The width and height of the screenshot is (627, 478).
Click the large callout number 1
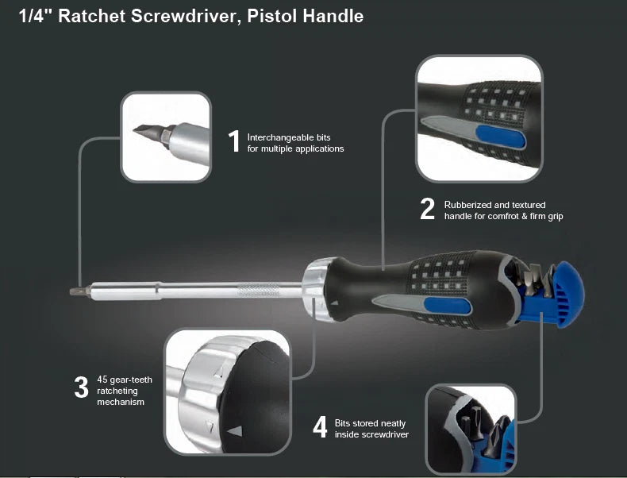[235, 141]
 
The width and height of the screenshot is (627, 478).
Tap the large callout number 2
[427, 208]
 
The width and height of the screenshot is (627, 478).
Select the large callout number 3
[81, 387]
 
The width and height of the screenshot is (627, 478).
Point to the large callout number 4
[321, 427]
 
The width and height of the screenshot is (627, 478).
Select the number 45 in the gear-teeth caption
[102, 380]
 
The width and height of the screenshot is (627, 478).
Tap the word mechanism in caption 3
[121, 402]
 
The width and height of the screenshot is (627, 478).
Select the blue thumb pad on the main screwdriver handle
[448, 306]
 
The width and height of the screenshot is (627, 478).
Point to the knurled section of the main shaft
[259, 290]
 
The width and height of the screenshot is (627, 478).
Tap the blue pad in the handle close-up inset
[501, 137]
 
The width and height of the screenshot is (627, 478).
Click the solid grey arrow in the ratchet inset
[235, 431]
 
